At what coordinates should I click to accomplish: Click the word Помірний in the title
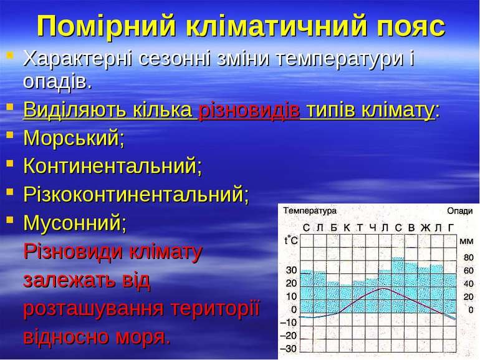(x=106, y=26)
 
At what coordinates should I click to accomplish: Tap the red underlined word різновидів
(x=249, y=110)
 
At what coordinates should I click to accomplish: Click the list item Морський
(x=74, y=138)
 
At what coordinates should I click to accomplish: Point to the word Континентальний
(x=113, y=166)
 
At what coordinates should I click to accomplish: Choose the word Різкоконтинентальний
(x=137, y=194)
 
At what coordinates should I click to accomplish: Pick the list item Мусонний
(x=75, y=223)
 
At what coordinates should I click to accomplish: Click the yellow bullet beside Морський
(x=10, y=135)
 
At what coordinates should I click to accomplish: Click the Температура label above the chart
(x=310, y=211)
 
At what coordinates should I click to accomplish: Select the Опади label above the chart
(x=460, y=211)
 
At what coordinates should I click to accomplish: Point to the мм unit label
(x=466, y=241)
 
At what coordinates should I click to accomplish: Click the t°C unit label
(x=291, y=240)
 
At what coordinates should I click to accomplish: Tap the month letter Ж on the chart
(x=425, y=228)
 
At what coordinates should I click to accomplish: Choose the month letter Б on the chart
(x=334, y=228)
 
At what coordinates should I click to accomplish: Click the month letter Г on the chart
(x=451, y=228)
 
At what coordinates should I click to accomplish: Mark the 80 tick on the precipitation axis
(x=468, y=257)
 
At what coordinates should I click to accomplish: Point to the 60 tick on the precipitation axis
(x=468, y=271)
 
